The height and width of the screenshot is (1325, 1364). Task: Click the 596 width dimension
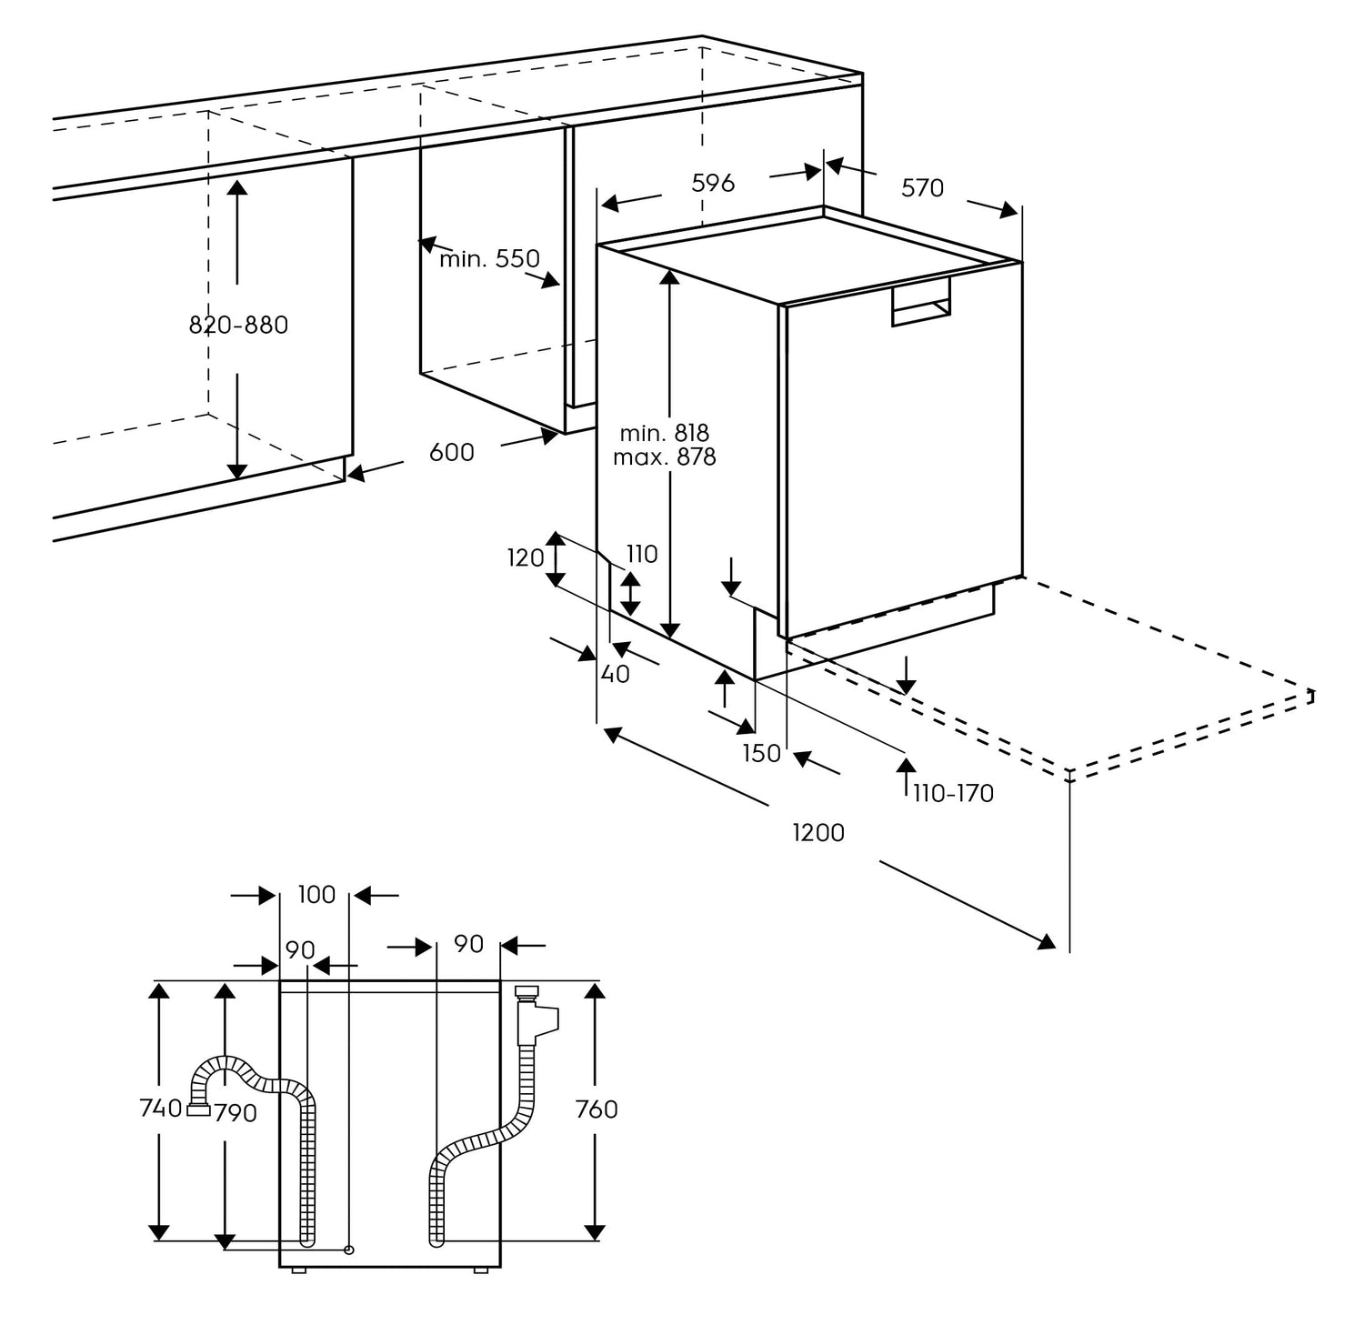pyautogui.click(x=713, y=183)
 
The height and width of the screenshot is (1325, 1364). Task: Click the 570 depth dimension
pyautogui.click(x=922, y=188)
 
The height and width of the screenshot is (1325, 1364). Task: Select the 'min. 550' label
pyautogui.click(x=489, y=259)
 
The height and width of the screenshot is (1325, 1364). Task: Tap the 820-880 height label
pyautogui.click(x=238, y=325)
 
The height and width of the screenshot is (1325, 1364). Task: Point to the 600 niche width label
pyautogui.click(x=452, y=452)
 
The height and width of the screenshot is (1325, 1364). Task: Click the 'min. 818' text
pyautogui.click(x=664, y=433)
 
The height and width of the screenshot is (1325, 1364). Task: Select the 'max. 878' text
pyautogui.click(x=664, y=457)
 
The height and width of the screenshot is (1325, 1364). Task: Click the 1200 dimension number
pyautogui.click(x=818, y=832)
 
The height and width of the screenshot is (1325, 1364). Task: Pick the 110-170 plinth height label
pyautogui.click(x=953, y=793)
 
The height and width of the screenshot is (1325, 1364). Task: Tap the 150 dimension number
pyautogui.click(x=762, y=753)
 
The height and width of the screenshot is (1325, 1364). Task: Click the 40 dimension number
pyautogui.click(x=616, y=675)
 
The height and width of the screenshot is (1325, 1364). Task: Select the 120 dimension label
pyautogui.click(x=526, y=557)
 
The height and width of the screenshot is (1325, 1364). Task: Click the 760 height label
pyautogui.click(x=597, y=1109)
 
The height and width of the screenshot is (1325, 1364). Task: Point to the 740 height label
pyautogui.click(x=161, y=1109)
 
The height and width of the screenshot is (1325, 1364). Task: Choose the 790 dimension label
pyautogui.click(x=236, y=1112)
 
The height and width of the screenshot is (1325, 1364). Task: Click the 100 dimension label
pyautogui.click(x=316, y=895)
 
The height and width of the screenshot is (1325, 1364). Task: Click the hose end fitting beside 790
pyautogui.click(x=198, y=1109)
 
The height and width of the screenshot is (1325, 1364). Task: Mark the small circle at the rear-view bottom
pyautogui.click(x=348, y=1250)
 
